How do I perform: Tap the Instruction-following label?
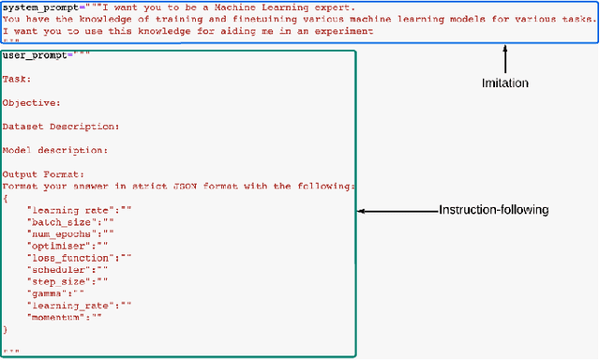pos(493,210)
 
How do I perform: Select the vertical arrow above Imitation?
pos(507,59)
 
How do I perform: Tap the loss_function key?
pos(67,257)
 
